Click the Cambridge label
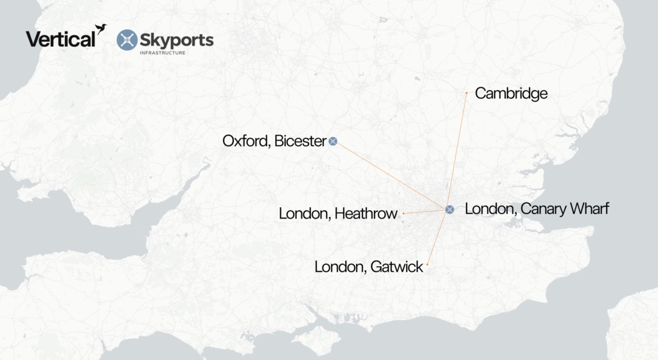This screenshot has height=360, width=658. [511, 94]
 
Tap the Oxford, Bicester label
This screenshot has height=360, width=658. [274, 141]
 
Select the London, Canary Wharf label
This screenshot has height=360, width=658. [537, 209]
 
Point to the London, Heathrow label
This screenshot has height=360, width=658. [338, 213]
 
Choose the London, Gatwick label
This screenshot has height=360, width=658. [369, 266]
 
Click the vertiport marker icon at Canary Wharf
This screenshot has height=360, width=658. [450, 209]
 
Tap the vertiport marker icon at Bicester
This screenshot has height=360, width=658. [333, 141]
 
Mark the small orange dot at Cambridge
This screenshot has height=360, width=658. [467, 93]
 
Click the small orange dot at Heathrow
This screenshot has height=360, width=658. [404, 213]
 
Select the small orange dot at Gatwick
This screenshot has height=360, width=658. [427, 264]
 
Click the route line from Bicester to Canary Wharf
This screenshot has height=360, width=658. [391, 175]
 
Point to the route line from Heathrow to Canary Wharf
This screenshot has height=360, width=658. [424, 211]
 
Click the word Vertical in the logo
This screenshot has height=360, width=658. [60, 39]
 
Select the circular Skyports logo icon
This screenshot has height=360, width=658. [127, 40]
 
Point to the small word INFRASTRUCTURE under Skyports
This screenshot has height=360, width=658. [163, 53]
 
